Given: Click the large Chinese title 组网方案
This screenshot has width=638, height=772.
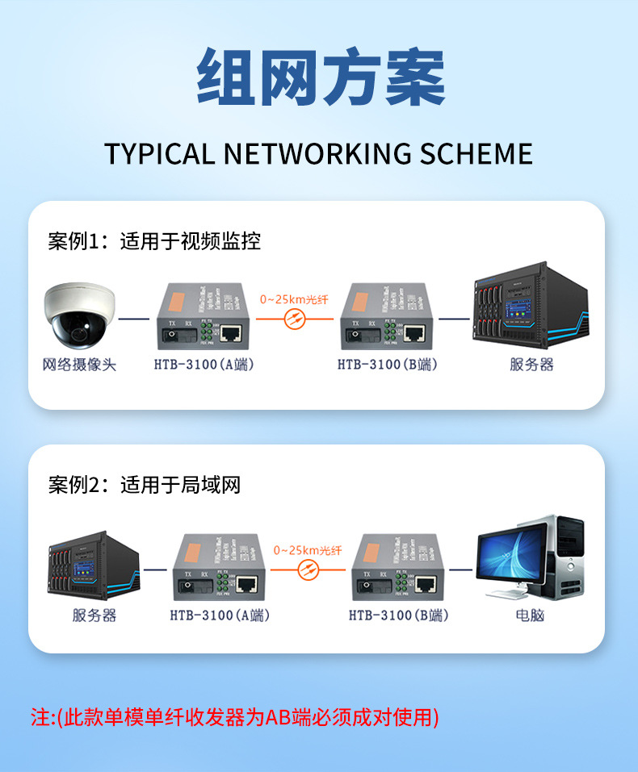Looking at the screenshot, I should [321, 78].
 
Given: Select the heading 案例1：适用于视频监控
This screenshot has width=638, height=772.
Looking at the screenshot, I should [154, 240].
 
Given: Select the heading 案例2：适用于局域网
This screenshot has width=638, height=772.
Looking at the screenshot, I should [144, 485].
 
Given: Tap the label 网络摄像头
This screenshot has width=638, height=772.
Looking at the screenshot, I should [79, 365].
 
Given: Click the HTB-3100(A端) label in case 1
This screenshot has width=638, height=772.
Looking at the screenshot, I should [204, 365].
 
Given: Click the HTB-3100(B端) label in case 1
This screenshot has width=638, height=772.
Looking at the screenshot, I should [387, 365].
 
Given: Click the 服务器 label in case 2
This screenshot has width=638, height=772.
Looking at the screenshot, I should [94, 616].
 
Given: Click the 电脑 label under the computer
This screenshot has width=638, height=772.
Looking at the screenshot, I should [530, 616].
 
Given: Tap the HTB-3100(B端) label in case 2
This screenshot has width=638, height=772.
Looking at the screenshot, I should [398, 616].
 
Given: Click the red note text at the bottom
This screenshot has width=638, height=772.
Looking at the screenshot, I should [235, 716].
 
